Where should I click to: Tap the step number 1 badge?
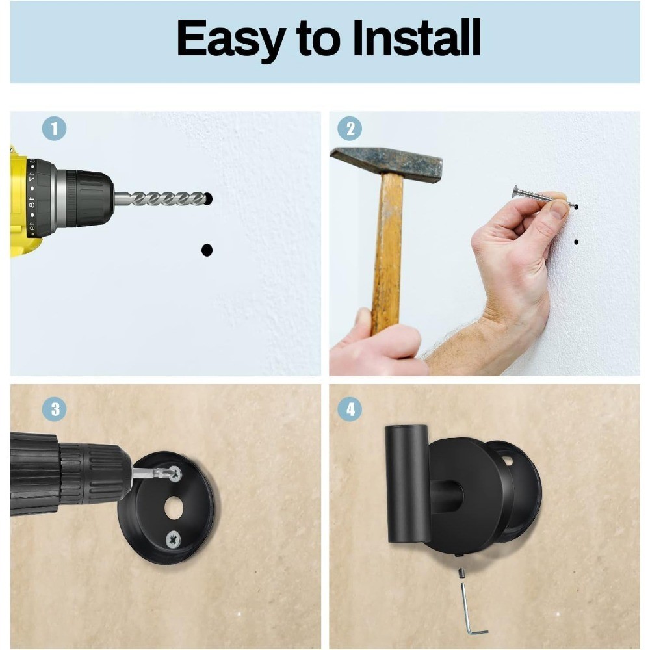click(x=55, y=129)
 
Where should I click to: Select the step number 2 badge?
click(x=350, y=129)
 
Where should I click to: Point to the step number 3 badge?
click(x=55, y=409)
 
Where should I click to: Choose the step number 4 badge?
click(x=350, y=409)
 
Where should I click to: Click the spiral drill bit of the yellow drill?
click(x=161, y=199)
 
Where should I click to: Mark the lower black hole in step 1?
click(x=207, y=250)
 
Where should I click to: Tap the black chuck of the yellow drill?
click(x=89, y=198)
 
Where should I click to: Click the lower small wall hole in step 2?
click(x=576, y=242)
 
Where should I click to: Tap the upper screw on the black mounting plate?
click(x=175, y=473)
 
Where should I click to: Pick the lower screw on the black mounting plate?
click(x=174, y=539)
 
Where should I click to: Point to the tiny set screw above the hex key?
click(x=460, y=574)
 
